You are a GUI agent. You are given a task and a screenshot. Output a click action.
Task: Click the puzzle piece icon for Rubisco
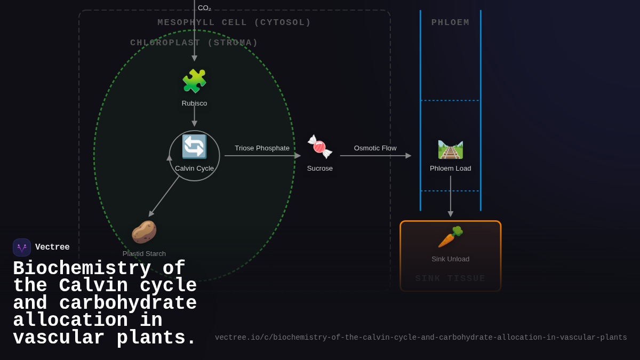194,81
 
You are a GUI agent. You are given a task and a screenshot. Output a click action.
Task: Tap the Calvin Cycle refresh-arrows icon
194,147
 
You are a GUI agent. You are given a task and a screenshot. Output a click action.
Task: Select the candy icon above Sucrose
319,147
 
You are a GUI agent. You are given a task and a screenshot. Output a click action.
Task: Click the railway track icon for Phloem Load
450,149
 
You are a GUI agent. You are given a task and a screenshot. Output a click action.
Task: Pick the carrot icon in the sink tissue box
450,237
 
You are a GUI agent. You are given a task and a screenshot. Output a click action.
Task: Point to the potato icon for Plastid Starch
144,232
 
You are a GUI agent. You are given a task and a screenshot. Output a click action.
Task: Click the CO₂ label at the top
204,8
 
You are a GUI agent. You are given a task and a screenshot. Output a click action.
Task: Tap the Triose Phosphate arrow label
262,148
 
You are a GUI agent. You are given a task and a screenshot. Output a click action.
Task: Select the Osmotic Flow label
375,148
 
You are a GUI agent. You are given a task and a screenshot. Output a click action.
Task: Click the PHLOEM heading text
450,23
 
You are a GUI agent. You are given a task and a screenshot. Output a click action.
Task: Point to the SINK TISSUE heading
450,278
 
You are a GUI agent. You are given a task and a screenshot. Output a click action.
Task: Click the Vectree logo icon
22,247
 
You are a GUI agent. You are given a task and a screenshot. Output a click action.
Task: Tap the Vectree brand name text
52,247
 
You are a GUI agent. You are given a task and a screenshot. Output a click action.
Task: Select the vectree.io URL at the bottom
421,338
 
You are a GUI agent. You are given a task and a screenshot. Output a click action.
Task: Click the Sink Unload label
450,259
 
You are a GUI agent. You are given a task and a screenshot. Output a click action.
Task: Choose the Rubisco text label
194,103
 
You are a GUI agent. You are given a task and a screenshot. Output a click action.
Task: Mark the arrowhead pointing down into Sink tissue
450,214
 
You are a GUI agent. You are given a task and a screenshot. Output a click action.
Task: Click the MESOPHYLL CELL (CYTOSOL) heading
234,23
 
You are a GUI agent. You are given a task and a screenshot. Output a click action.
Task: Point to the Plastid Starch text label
144,254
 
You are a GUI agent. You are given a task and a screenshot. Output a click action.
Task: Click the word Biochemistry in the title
82,268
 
